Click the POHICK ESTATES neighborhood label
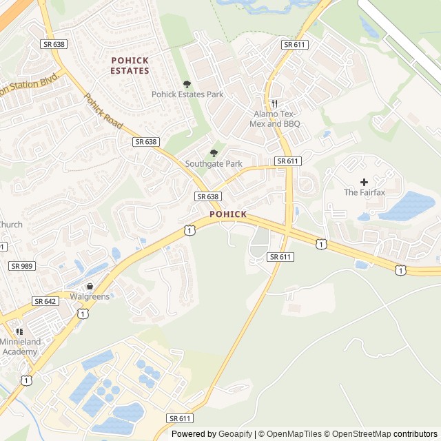[x=130, y=65]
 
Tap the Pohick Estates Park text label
[x=187, y=94]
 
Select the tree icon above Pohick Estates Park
[x=187, y=84]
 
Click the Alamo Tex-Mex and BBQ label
[x=277, y=119]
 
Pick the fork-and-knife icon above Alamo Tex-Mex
[x=274, y=103]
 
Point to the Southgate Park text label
[x=214, y=164]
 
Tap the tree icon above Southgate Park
[x=214, y=153]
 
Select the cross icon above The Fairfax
[x=364, y=182]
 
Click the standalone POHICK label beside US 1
[x=227, y=214]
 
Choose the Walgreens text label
[x=90, y=297]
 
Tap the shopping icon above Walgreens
[x=89, y=286]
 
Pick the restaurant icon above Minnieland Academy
[x=19, y=331]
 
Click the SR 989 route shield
[x=22, y=265]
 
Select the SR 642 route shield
[x=45, y=301]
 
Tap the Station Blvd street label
[x=32, y=85]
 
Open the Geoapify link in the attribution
[x=236, y=434]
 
